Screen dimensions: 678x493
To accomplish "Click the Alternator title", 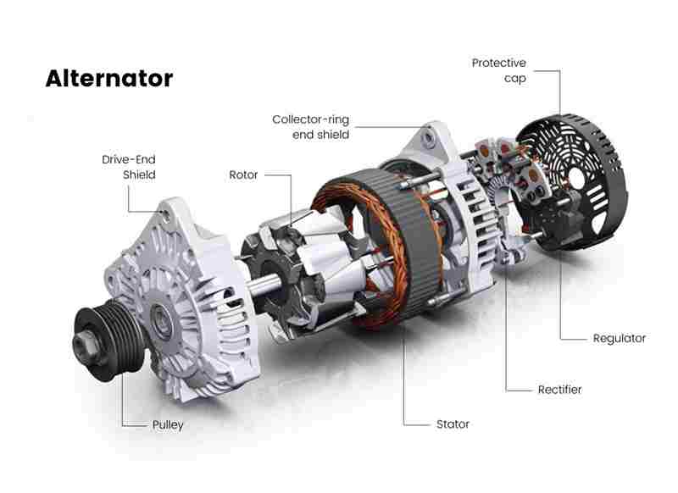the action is (109, 79).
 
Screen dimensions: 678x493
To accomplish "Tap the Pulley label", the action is (168, 425).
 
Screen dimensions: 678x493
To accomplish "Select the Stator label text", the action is (453, 424).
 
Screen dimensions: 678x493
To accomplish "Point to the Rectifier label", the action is (559, 390).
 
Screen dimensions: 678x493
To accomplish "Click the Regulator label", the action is (620, 339).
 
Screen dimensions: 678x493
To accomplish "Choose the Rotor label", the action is (243, 175).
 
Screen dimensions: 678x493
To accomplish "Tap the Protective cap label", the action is (499, 71).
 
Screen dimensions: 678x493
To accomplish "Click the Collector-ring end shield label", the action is (310, 127).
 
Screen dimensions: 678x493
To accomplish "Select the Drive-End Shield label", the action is (129, 167).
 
